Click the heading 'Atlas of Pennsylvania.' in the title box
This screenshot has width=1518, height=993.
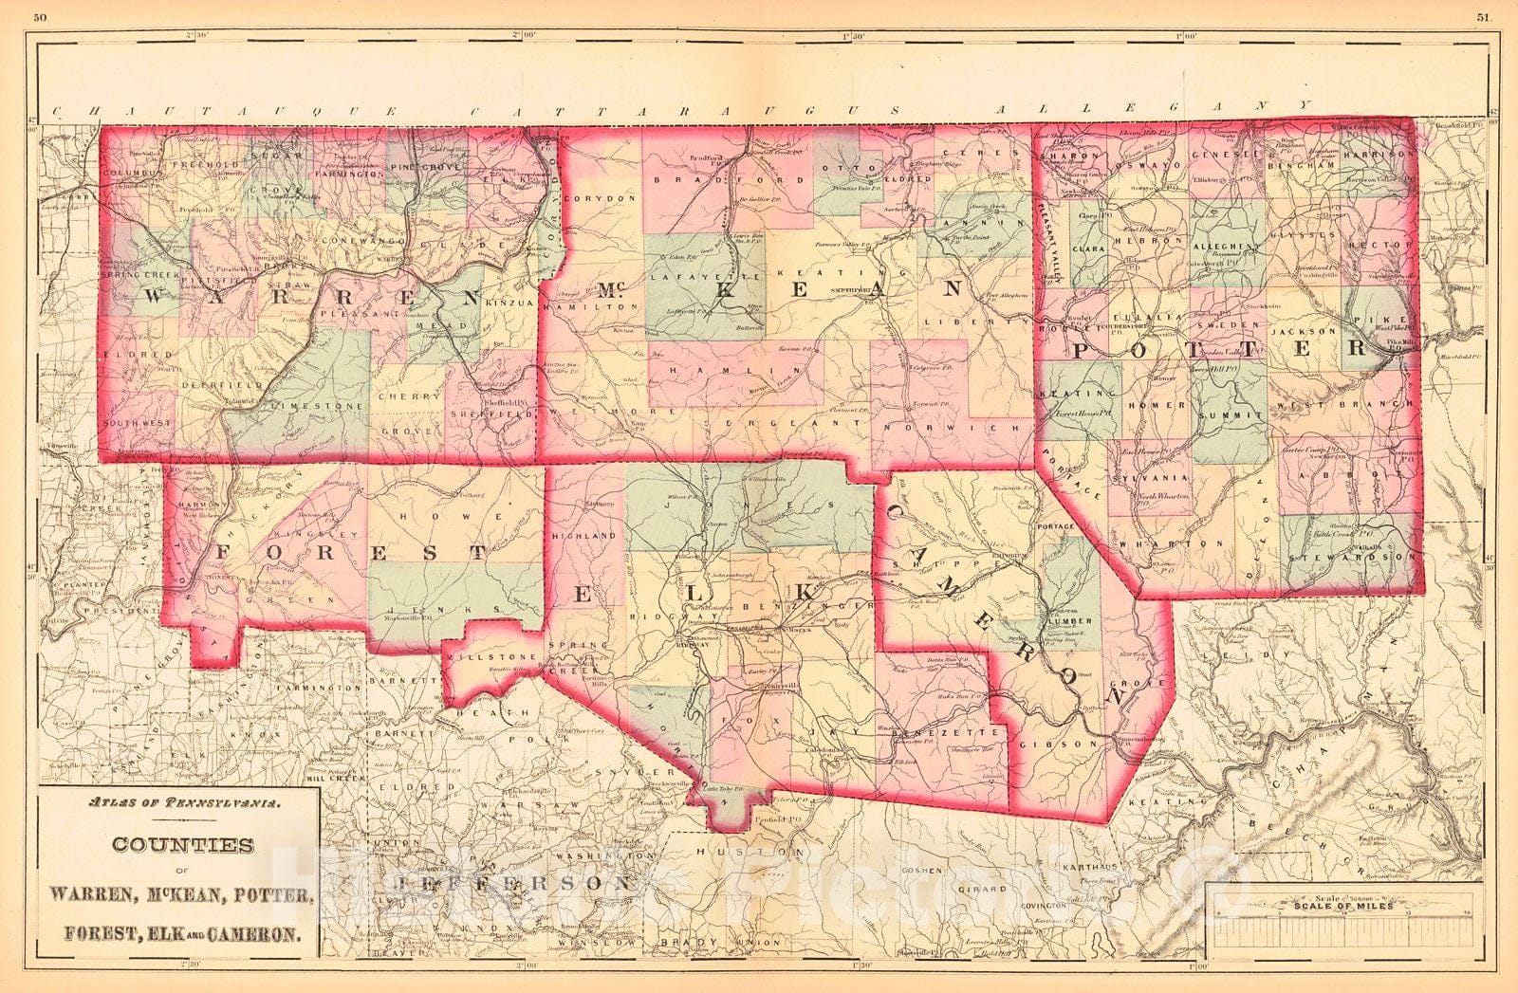176,803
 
